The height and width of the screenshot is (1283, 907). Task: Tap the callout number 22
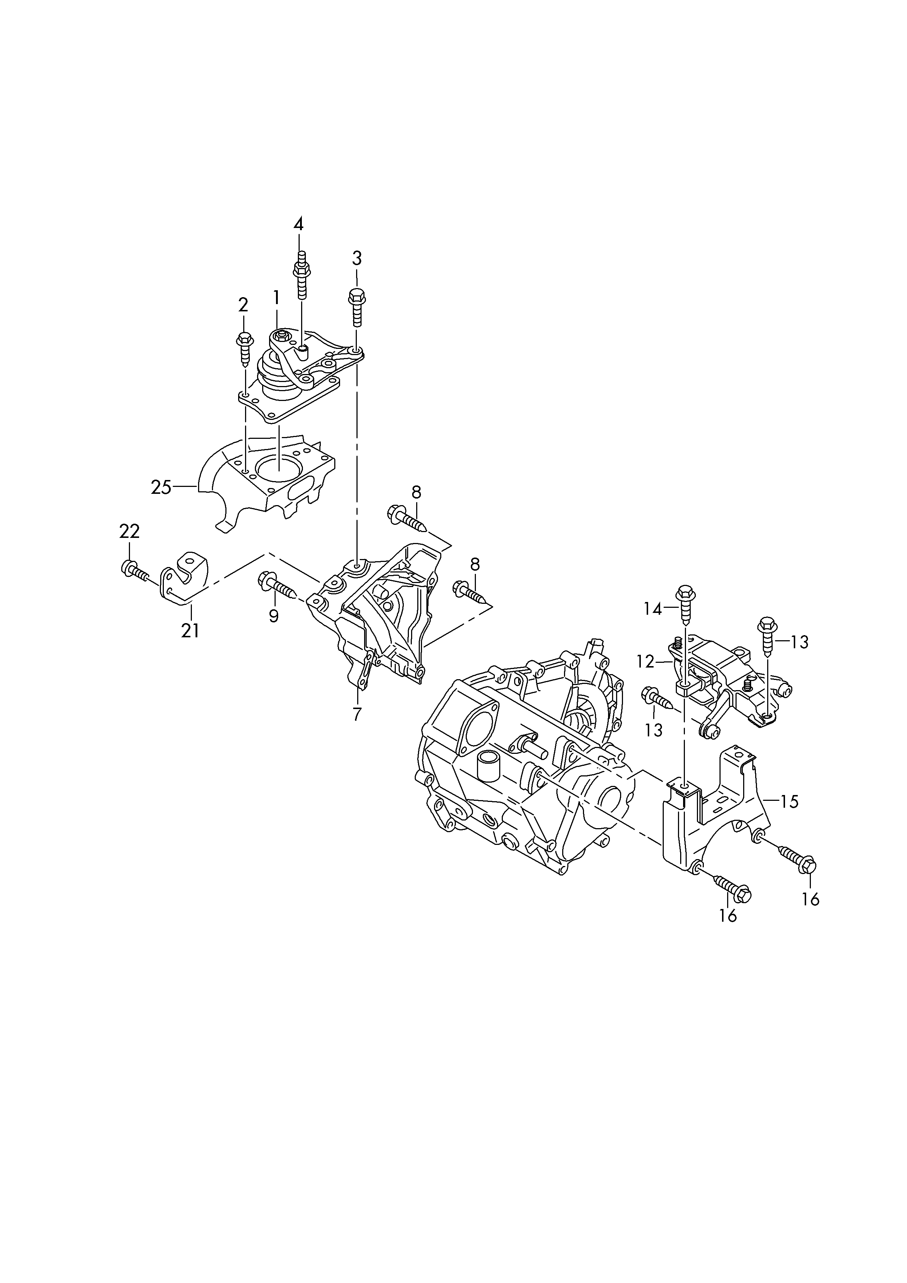(x=129, y=531)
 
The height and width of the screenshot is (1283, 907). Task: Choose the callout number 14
(x=652, y=609)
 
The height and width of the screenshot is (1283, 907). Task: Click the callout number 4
(x=299, y=225)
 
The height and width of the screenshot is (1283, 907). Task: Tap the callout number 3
(x=356, y=258)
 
